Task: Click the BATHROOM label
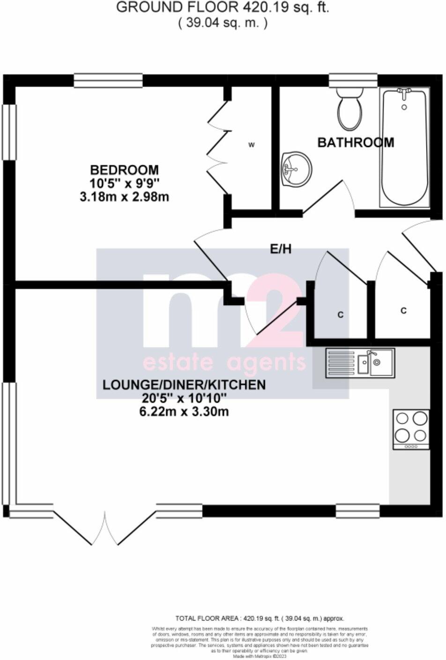(x=356, y=142)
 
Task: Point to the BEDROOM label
(x=124, y=170)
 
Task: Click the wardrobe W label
(x=251, y=145)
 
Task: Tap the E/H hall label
(x=281, y=249)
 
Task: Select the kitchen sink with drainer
(x=360, y=363)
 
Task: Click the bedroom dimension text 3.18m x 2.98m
(x=124, y=197)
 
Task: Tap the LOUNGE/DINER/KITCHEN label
(x=184, y=385)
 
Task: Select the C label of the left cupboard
(x=341, y=315)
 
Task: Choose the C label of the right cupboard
(x=403, y=310)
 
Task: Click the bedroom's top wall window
(x=108, y=80)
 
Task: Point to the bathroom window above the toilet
(x=353, y=80)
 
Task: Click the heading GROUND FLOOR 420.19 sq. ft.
(x=223, y=8)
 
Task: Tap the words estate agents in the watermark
(x=224, y=362)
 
